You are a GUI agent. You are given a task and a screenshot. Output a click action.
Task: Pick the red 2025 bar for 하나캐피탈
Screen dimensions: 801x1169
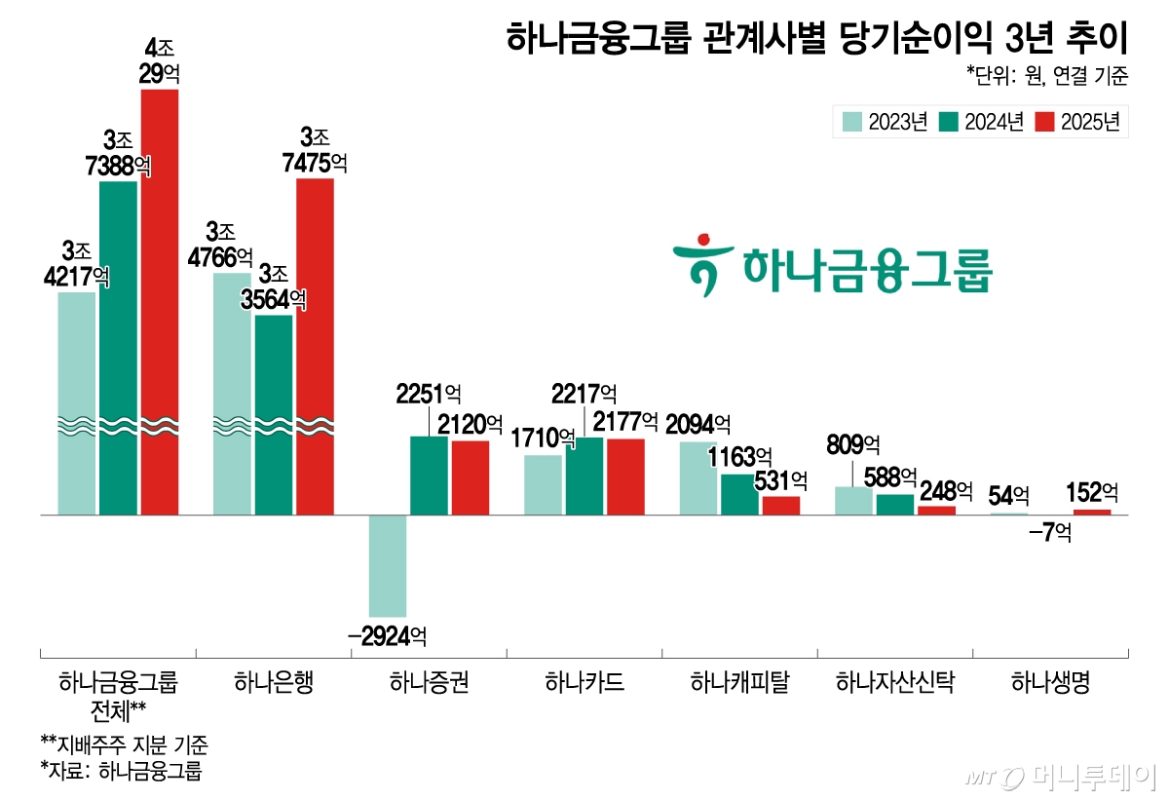(780, 505)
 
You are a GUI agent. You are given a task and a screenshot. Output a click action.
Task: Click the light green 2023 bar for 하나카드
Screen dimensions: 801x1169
(543, 484)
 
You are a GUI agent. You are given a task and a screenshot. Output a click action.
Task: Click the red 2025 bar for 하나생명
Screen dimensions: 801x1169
(1092, 512)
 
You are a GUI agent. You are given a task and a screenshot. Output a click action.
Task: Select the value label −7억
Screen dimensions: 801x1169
(1049, 533)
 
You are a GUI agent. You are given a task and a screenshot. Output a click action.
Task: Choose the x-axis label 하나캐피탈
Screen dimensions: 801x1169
(739, 682)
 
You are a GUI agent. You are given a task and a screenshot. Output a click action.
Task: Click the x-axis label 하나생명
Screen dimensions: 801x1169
(1050, 682)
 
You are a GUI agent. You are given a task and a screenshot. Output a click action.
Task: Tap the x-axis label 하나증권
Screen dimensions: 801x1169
(429, 682)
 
